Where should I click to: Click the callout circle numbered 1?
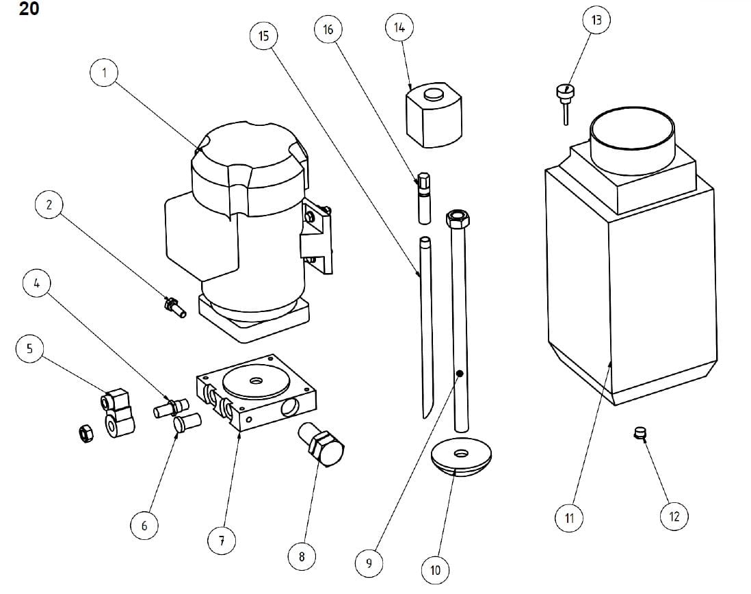pos(104,73)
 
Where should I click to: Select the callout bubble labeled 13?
pos(596,21)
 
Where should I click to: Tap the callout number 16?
pos(328,29)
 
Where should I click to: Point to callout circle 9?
pos(369,563)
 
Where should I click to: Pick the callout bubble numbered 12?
pos(674,516)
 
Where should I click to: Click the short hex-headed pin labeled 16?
pos(423,196)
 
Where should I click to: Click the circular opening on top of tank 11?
pos(633,134)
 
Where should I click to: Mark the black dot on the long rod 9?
pos(460,374)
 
